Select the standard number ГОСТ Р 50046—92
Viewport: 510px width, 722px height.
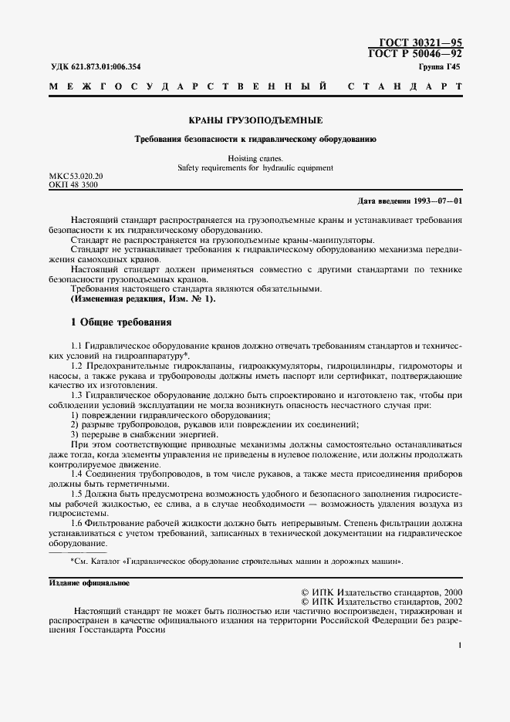(420, 53)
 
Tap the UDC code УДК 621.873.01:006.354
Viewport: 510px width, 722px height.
(96, 67)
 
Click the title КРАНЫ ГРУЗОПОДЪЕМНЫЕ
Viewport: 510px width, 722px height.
(255, 121)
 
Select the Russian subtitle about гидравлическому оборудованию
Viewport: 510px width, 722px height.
(255, 140)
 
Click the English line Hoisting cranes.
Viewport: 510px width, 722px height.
(255, 158)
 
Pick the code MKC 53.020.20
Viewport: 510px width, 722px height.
(76, 177)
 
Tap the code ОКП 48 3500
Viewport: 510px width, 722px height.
(73, 186)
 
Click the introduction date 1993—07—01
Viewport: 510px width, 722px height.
(437, 201)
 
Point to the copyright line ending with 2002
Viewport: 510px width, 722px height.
(383, 600)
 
